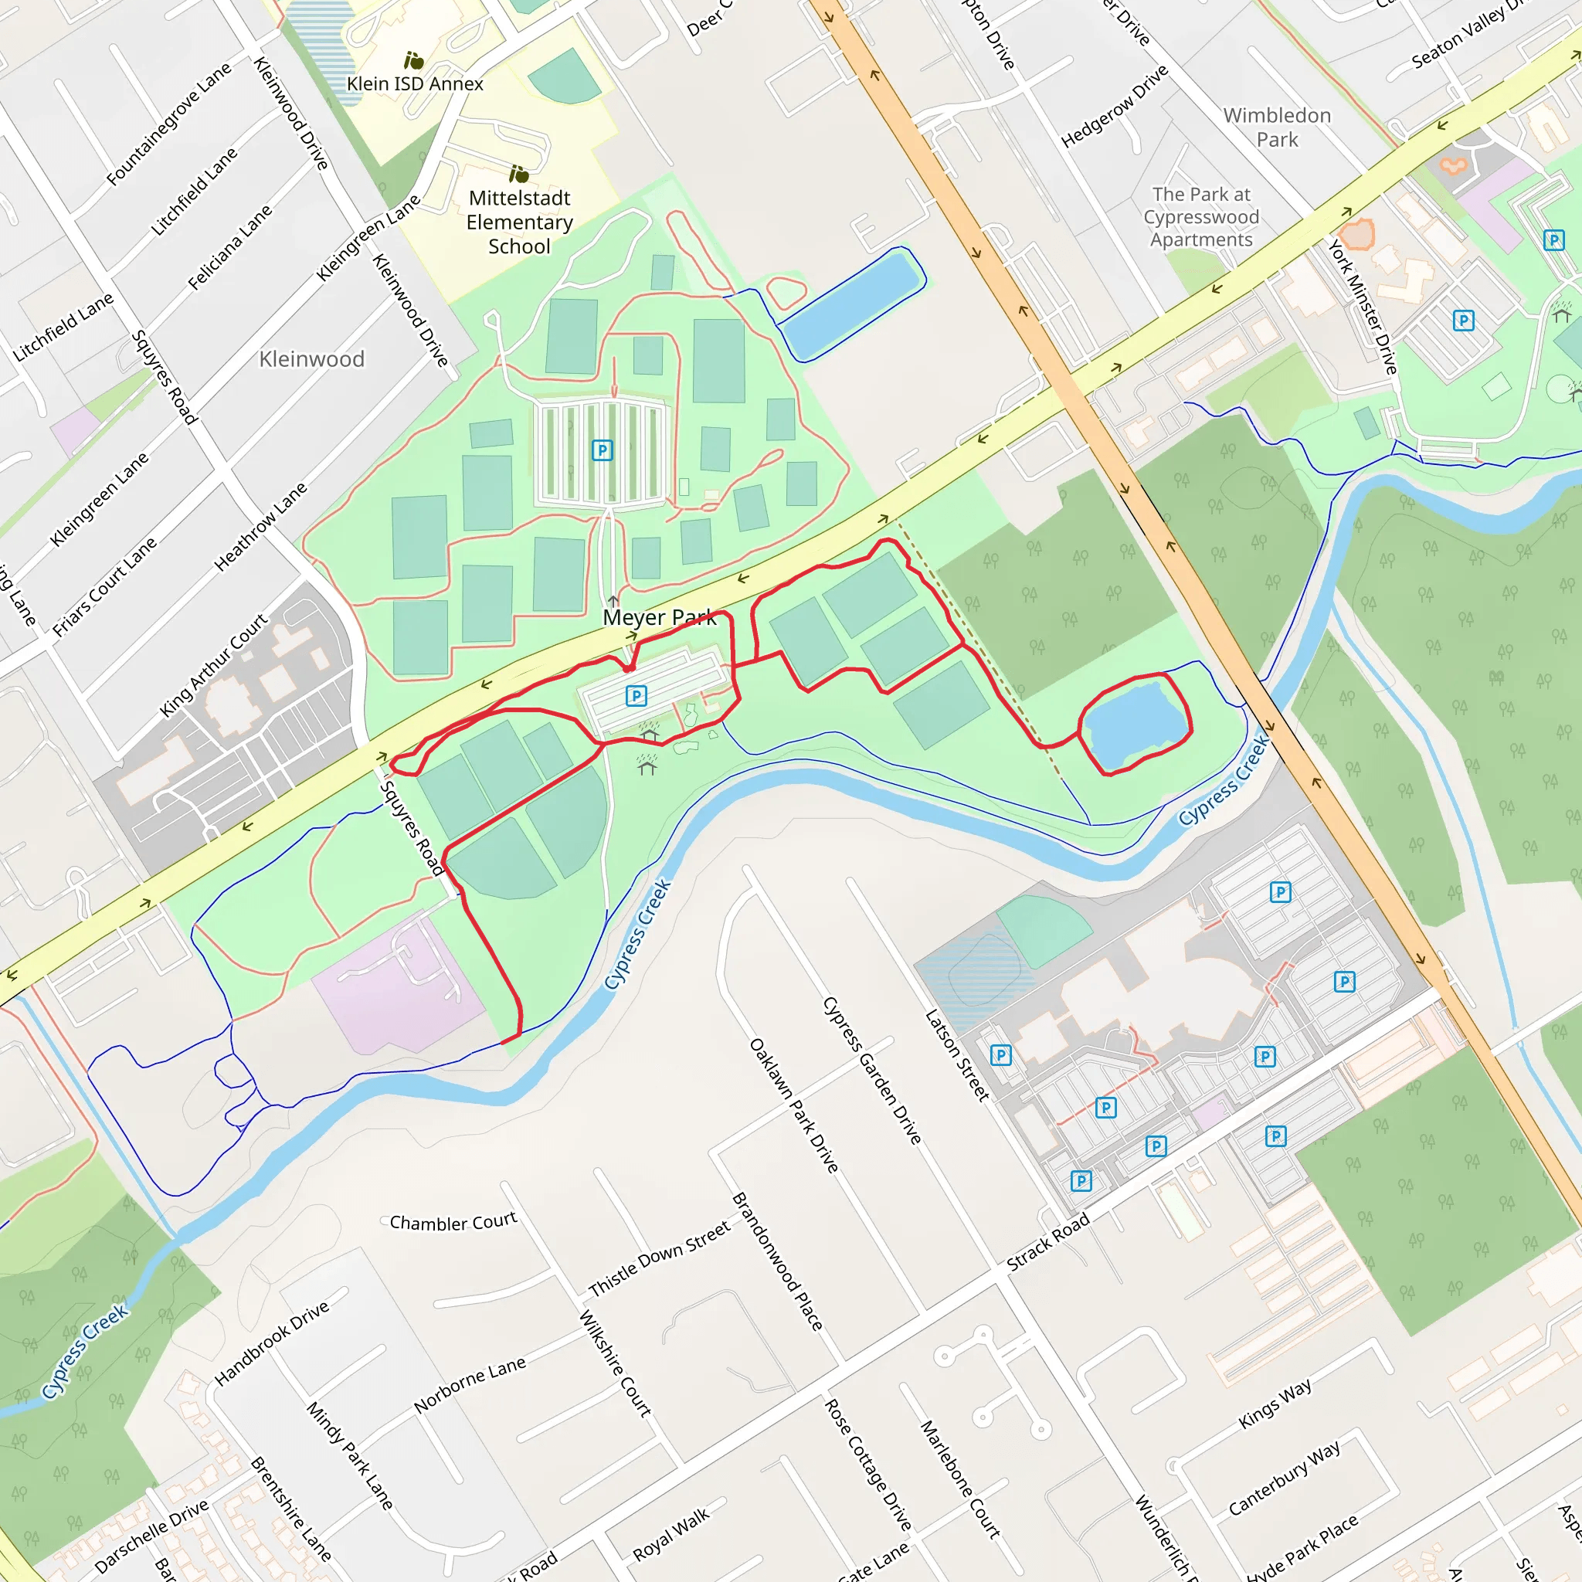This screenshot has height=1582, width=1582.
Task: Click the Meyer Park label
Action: coord(659,617)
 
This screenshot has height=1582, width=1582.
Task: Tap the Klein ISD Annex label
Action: coord(414,83)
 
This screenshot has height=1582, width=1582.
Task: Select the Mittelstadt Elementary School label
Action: coord(519,222)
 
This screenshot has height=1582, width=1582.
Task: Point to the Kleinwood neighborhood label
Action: coord(311,358)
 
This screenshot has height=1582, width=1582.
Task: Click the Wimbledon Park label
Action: coord(1277,127)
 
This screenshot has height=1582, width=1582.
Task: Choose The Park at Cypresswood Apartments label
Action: coord(1201,217)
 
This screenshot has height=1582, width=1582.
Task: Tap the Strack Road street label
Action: coord(1047,1241)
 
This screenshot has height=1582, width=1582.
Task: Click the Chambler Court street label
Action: coord(453,1222)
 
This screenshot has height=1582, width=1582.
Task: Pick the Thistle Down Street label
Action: coord(658,1258)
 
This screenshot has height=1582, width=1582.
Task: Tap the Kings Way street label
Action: coord(1274,1404)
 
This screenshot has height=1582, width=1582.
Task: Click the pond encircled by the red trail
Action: coord(1135,722)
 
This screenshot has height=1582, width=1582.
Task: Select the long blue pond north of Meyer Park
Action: coord(851,304)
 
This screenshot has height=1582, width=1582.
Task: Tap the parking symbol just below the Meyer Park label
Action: coord(637,696)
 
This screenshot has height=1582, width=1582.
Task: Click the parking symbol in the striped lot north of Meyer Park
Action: coord(602,450)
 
